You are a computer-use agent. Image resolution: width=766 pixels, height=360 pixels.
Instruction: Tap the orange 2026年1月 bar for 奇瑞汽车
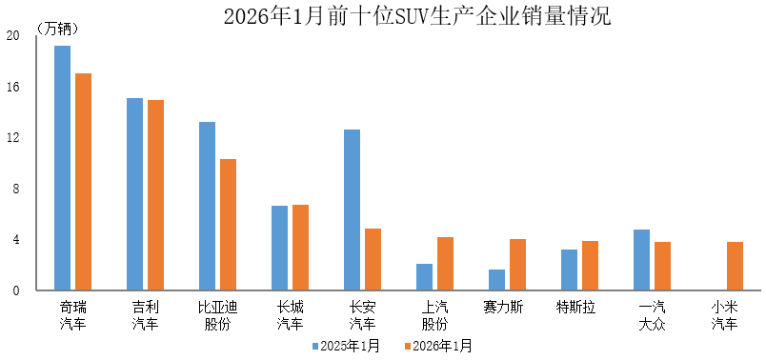point(84,182)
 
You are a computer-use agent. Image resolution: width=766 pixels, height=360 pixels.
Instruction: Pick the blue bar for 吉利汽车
point(134,194)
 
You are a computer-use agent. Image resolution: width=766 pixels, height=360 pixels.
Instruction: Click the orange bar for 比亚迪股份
point(229,225)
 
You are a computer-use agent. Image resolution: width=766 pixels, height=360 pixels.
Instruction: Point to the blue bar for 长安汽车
point(352,210)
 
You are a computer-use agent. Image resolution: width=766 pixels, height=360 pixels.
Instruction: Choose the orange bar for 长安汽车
point(373,259)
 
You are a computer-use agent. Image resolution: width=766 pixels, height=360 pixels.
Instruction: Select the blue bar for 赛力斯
point(496,280)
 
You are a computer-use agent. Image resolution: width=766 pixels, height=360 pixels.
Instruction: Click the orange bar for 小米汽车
point(735,266)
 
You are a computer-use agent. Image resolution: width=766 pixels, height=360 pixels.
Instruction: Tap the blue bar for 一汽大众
point(641,260)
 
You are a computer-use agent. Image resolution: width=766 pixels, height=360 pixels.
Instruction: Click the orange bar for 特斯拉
point(590,266)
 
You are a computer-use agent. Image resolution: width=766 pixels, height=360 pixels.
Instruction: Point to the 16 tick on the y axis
point(12,87)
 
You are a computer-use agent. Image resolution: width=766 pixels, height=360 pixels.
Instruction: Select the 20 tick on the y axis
point(12,36)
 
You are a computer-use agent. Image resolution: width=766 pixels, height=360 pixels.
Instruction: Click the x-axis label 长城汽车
point(291,315)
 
